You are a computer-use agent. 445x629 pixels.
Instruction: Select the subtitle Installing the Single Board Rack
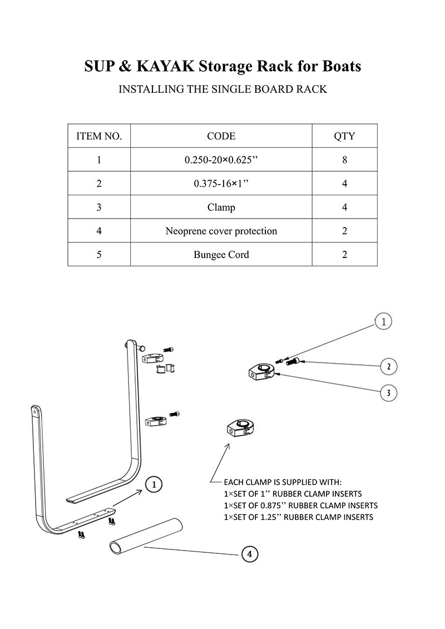coord(222,89)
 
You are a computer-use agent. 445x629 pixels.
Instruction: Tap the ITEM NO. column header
coord(99,136)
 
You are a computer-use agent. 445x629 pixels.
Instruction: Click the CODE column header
coord(221,136)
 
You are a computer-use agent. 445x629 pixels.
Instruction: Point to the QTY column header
coord(344,136)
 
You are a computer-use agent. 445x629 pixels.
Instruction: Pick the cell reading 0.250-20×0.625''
coord(221,160)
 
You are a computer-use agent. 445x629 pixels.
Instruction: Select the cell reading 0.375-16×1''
coord(221,184)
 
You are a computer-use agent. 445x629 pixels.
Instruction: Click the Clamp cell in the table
coord(221,207)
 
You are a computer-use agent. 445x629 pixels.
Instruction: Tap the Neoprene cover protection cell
coord(221,231)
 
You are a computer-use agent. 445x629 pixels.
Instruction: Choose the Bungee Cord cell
coord(221,255)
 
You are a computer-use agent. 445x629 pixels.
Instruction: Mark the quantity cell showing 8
coord(344,160)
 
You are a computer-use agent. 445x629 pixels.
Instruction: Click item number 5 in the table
coord(99,255)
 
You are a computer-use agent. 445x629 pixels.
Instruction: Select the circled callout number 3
coord(388,393)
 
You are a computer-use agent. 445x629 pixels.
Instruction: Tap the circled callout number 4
coord(250,554)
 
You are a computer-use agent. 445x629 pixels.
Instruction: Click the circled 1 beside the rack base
coord(154,484)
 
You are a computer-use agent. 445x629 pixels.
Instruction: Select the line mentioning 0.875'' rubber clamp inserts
coord(300,506)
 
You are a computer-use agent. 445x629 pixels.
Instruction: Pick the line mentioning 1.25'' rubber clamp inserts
coord(298,517)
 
